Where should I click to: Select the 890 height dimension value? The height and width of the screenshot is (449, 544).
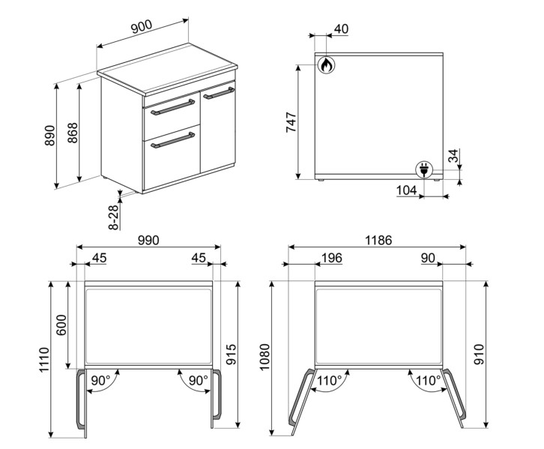(x=50, y=134)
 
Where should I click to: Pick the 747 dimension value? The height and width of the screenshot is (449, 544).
(x=291, y=124)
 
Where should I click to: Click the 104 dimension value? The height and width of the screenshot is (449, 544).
(x=405, y=190)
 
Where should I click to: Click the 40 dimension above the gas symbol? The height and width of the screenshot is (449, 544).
(x=341, y=29)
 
